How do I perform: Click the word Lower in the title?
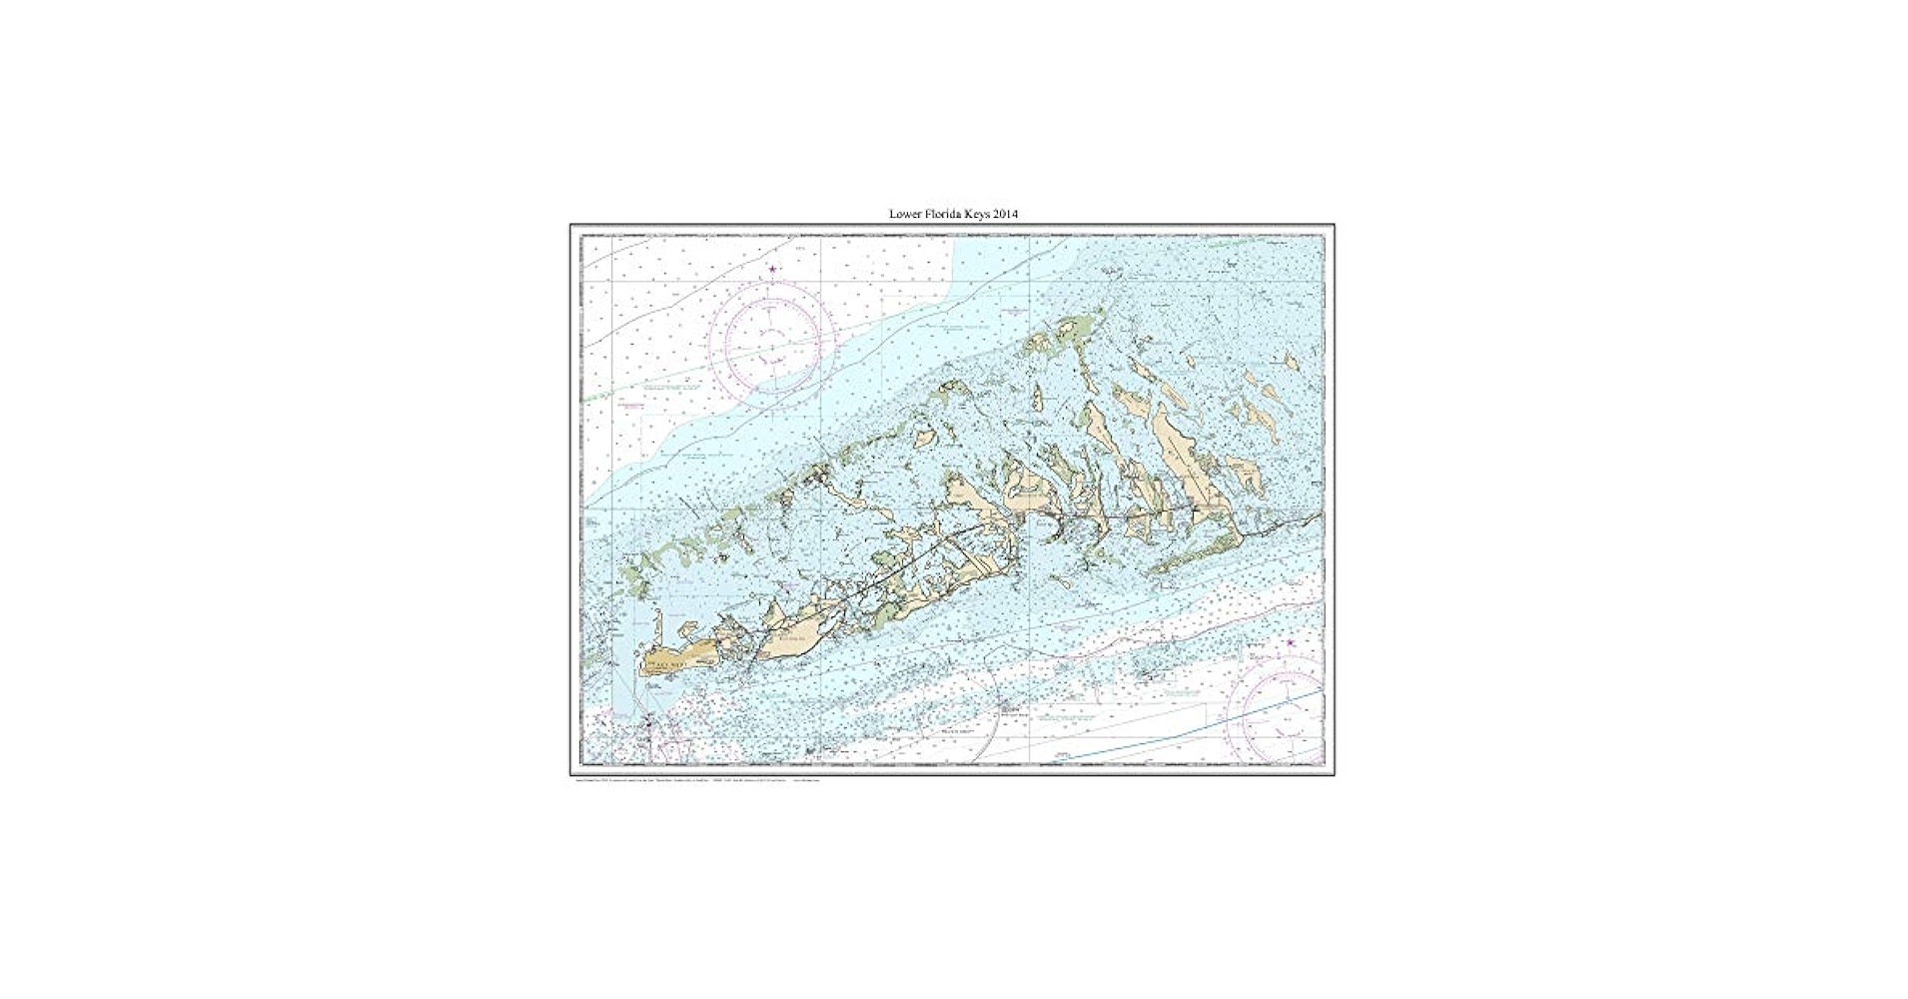[x=905, y=214]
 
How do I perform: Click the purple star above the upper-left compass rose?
[x=772, y=269]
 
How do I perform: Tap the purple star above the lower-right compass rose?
[x=1290, y=642]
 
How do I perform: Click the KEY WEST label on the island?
[x=667, y=662]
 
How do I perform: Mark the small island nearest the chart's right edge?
[x=1291, y=362]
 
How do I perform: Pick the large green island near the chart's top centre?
[x=1065, y=329]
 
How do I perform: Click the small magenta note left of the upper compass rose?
[x=629, y=404]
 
